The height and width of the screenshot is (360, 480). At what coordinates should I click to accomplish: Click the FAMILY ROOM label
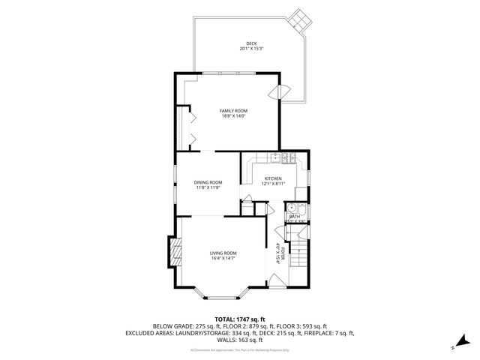click(x=233, y=110)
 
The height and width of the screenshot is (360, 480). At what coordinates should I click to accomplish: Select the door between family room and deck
click(x=283, y=91)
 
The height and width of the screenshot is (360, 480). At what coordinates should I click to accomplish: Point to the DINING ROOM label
click(x=208, y=182)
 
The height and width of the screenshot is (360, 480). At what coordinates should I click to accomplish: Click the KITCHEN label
click(x=272, y=178)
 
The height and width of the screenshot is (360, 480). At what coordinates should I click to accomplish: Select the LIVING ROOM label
click(x=223, y=253)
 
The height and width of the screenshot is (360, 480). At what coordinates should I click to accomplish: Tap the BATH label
click(x=294, y=216)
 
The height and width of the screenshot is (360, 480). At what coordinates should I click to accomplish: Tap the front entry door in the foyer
click(x=276, y=282)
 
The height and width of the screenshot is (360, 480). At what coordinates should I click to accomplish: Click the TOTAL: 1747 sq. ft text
click(x=239, y=319)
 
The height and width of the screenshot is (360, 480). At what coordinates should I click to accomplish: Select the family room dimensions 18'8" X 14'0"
click(x=233, y=115)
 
